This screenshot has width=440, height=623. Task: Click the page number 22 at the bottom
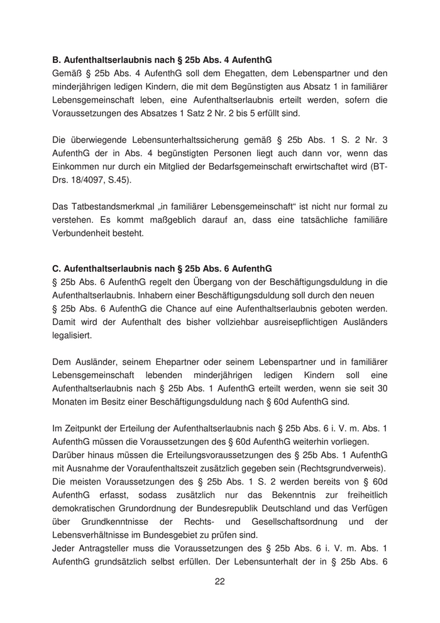pyautogui.click(x=220, y=581)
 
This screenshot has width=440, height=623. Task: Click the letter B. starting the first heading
pyautogui.click(x=56, y=61)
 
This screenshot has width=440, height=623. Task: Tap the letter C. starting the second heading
pyautogui.click(x=56, y=267)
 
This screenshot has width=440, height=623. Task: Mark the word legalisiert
pyautogui.click(x=72, y=335)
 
